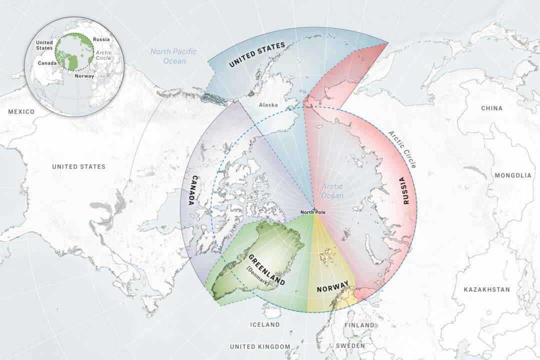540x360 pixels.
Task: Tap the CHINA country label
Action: pos(491,108)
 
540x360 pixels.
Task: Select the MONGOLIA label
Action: pos(513,175)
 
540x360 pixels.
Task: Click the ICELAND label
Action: pos(264,325)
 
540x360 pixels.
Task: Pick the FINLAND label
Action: pos(359,325)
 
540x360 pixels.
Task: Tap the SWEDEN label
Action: pos(350,346)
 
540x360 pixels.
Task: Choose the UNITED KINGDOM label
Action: pos(259,346)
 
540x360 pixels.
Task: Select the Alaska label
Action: pos(268,105)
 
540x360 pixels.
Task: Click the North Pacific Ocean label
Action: pos(173,56)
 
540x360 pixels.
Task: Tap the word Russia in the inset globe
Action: pos(101,39)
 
